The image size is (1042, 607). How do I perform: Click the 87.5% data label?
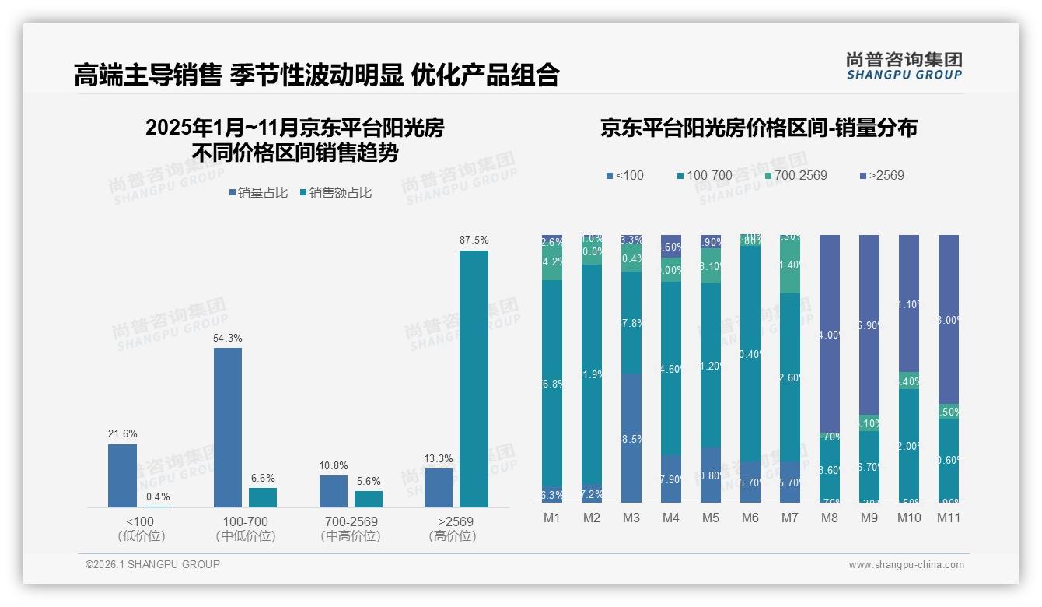click(x=474, y=240)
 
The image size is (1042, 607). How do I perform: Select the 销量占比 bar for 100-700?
click(x=228, y=427)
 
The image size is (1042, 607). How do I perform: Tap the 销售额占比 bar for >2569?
click(x=474, y=379)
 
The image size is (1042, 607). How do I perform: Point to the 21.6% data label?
click(x=122, y=434)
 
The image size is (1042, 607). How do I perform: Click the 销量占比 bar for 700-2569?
click(x=334, y=491)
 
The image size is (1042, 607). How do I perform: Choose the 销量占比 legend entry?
click(x=260, y=193)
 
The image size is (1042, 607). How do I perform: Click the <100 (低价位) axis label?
click(x=141, y=528)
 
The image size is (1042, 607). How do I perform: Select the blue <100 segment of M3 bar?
click(x=631, y=438)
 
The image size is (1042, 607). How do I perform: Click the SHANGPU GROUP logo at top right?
click(x=904, y=66)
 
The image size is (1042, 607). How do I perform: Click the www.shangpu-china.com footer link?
click(x=906, y=565)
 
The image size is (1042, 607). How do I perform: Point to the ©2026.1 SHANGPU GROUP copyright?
click(x=152, y=564)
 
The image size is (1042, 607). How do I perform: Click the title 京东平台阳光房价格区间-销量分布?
click(x=758, y=128)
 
